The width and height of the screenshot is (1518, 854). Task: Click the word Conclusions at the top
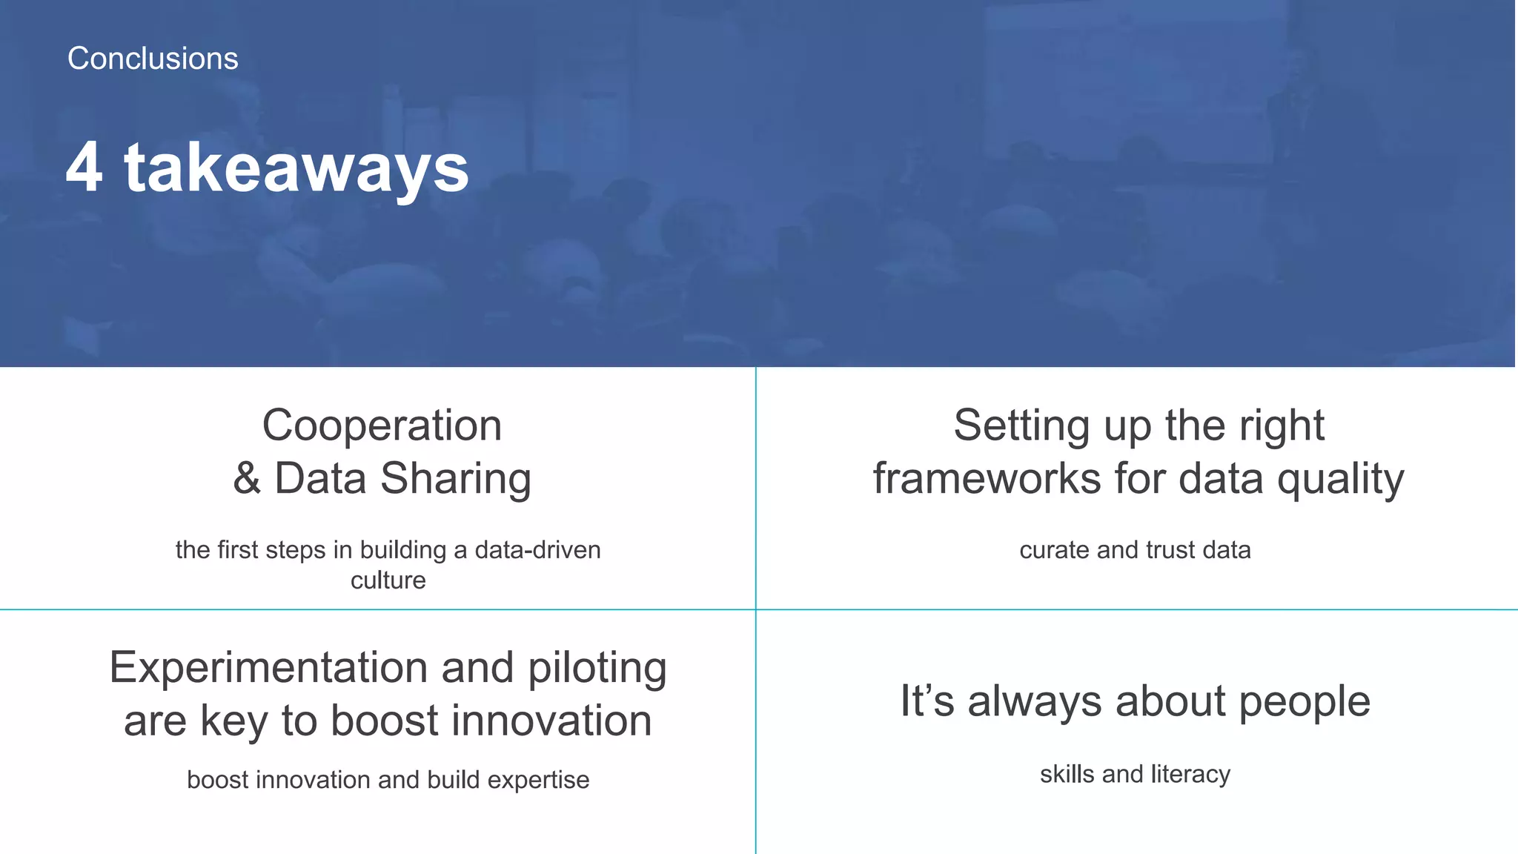coord(153,59)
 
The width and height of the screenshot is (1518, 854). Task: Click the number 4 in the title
coord(84,168)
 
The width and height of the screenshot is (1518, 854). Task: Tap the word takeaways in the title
coord(296,170)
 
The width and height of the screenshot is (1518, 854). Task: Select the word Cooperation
coord(382,426)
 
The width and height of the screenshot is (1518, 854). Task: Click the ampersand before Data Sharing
coord(247,479)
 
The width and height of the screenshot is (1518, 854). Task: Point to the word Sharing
coord(456,479)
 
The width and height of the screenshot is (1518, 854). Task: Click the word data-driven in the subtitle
coord(537,550)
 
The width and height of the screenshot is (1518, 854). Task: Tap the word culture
coord(388,580)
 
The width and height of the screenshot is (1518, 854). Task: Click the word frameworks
coord(987,479)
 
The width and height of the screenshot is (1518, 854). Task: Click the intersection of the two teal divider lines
coord(755,609)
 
